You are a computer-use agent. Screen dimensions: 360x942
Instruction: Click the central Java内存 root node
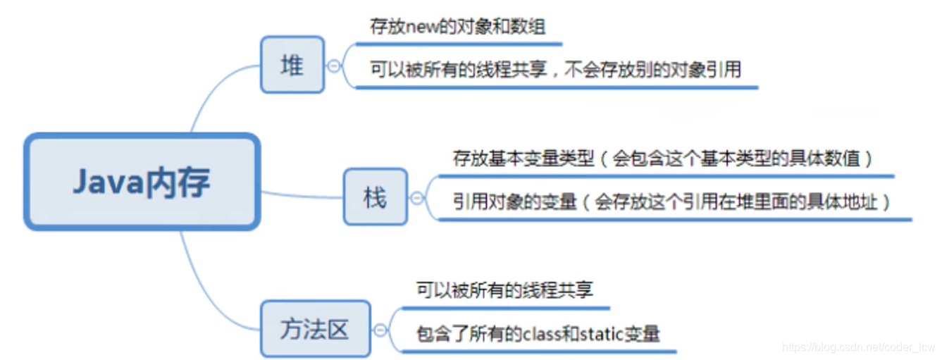142,182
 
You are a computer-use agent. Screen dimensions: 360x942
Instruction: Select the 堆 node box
292,65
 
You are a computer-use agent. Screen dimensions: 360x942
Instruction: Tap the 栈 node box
375,197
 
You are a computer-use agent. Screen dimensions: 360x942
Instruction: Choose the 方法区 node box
314,329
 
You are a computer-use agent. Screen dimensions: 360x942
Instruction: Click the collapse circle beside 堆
333,66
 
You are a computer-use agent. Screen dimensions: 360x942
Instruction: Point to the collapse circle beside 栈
416,198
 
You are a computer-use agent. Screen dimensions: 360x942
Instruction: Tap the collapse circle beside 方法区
380,329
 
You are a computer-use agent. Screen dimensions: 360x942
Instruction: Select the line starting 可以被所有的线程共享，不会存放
555,69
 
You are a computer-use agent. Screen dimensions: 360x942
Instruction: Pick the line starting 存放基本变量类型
663,159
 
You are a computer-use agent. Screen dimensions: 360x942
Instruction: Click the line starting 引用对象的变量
672,202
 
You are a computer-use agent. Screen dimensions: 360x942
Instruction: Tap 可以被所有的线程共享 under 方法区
504,290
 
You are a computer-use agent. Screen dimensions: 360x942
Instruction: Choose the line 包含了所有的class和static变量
538,333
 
